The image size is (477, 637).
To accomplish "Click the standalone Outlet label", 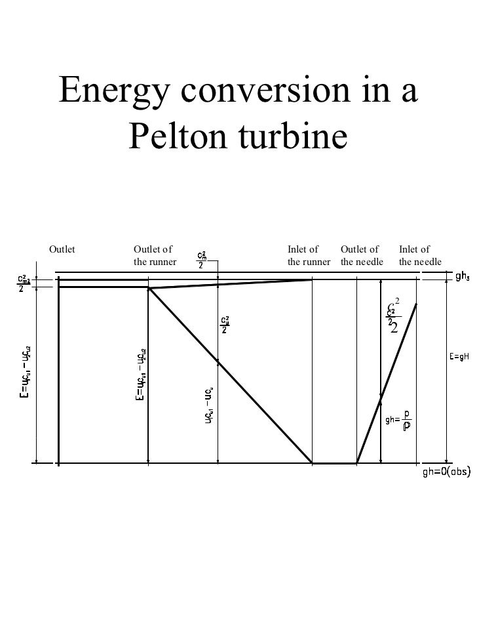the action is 62,249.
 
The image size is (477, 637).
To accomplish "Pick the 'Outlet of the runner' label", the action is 155,256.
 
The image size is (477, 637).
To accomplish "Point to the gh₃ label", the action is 463,276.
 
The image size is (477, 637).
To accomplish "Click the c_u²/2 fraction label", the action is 225,325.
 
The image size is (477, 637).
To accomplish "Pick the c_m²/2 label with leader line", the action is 204,259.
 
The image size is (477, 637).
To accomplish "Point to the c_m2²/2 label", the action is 25,284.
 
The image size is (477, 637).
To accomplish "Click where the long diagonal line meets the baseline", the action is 312,463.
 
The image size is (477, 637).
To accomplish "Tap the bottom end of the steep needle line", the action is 357,463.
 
